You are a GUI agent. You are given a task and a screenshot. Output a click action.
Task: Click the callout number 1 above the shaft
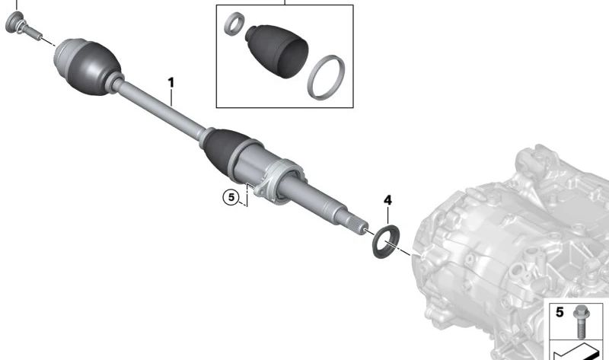pyautogui.click(x=171, y=82)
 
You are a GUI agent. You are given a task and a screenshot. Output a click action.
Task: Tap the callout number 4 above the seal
pyautogui.click(x=387, y=200)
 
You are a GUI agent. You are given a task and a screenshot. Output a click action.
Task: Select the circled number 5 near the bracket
pyautogui.click(x=231, y=197)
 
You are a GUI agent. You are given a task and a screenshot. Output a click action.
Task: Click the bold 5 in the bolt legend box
pyautogui.click(x=560, y=312)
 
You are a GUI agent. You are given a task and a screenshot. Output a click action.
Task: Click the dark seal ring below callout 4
pyautogui.click(x=385, y=241)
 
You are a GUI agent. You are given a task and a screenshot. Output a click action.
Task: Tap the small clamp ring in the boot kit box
pyautogui.click(x=234, y=24)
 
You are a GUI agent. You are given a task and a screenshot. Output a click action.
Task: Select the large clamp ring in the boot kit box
pyautogui.click(x=326, y=78)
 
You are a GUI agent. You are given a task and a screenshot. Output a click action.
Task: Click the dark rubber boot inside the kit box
pyautogui.click(x=276, y=50)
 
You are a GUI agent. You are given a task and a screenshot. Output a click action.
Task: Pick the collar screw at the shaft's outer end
pyautogui.click(x=23, y=25)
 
